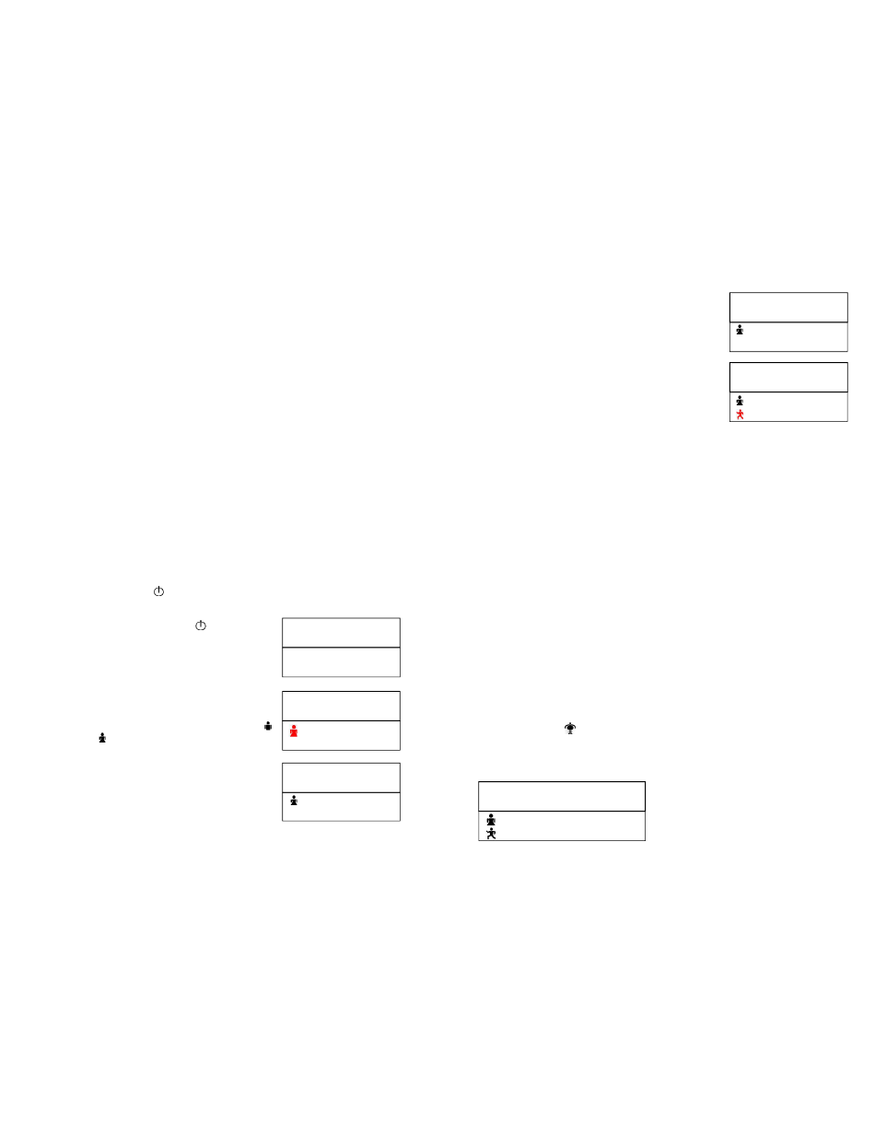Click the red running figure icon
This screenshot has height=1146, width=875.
pyautogui.click(x=740, y=415)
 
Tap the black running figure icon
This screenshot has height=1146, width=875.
pyautogui.click(x=492, y=833)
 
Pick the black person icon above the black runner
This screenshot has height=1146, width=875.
pyautogui.click(x=492, y=819)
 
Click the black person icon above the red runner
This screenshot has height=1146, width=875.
pyautogui.click(x=740, y=401)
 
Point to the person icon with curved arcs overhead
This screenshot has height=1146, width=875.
pyautogui.click(x=571, y=729)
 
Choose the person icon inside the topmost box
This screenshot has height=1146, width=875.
pyautogui.click(x=740, y=330)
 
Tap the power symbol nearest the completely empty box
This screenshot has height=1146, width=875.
pyautogui.click(x=199, y=626)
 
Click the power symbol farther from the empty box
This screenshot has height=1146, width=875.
pyautogui.click(x=158, y=591)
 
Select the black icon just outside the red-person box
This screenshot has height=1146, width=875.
pyautogui.click(x=268, y=725)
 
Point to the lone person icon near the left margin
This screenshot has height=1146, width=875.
pyautogui.click(x=100, y=738)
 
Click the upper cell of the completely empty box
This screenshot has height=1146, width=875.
pyautogui.click(x=341, y=633)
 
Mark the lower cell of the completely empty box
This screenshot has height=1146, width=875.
pyautogui.click(x=341, y=662)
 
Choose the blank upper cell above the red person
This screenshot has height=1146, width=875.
pyautogui.click(x=341, y=706)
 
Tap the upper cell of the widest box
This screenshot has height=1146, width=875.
pyautogui.click(x=561, y=796)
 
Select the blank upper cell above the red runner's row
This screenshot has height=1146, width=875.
pyautogui.click(x=787, y=377)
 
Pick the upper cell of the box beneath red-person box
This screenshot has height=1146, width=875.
pyautogui.click(x=341, y=778)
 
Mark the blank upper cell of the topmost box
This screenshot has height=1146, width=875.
pyautogui.click(x=787, y=307)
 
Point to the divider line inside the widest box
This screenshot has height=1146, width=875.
pyautogui.click(x=561, y=811)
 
